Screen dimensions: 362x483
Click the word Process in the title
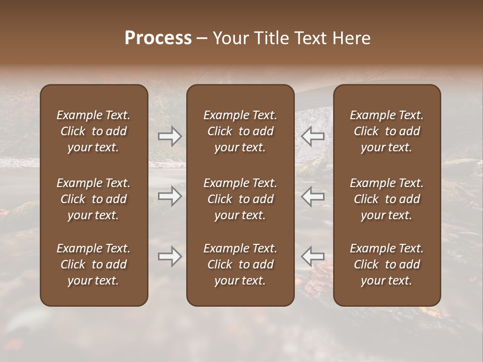(x=158, y=38)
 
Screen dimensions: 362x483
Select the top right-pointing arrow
(x=170, y=136)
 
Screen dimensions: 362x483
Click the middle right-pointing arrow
(x=170, y=197)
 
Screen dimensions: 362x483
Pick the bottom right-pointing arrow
(x=170, y=257)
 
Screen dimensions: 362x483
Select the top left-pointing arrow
(x=313, y=136)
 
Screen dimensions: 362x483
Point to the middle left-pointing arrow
(x=313, y=196)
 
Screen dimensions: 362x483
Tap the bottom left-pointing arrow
(x=313, y=256)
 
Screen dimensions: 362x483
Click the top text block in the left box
(x=94, y=131)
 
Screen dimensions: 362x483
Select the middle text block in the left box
(x=94, y=199)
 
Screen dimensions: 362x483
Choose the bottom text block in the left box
(x=94, y=264)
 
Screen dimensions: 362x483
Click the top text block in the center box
(x=240, y=131)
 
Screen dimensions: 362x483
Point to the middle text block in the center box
(x=240, y=199)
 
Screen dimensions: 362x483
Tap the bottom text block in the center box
(x=240, y=264)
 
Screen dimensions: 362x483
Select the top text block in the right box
(x=387, y=131)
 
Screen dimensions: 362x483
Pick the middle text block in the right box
(x=387, y=199)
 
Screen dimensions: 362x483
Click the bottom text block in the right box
(x=387, y=264)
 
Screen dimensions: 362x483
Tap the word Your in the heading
(x=230, y=38)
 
